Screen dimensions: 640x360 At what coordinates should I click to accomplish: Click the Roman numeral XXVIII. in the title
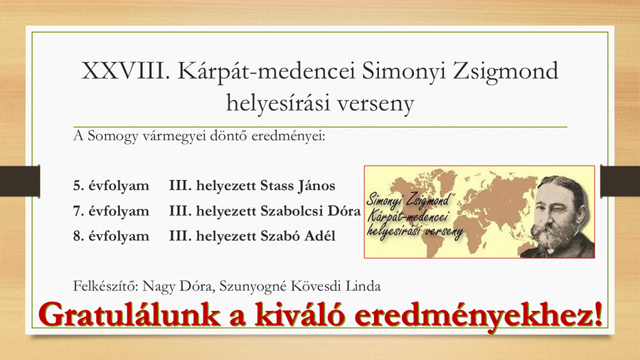125,71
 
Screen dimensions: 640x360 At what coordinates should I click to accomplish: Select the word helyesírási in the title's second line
278,103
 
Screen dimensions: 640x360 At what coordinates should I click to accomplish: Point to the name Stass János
297,186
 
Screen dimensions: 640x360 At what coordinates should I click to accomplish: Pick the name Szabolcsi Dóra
311,211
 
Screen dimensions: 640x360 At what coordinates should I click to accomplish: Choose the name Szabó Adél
298,236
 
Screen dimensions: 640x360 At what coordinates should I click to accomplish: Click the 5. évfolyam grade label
111,186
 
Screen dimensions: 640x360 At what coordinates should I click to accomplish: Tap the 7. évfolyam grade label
111,211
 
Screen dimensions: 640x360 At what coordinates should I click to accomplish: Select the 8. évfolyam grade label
111,236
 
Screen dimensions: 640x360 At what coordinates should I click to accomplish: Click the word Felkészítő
106,286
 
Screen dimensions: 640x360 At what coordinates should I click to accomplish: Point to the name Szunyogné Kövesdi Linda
300,286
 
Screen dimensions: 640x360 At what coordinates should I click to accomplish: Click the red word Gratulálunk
130,314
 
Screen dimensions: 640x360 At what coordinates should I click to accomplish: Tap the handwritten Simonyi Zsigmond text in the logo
407,200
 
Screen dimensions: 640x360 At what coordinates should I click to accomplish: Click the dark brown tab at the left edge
20,181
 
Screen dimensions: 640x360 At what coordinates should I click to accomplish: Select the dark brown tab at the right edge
620,181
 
